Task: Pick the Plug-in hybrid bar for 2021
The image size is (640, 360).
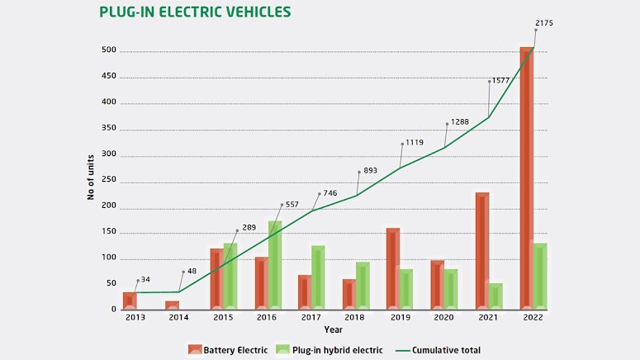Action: (x=495, y=296)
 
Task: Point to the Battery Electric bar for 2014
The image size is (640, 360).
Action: (x=172, y=306)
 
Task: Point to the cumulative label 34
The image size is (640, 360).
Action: (x=145, y=280)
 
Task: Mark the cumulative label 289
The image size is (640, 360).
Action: (x=248, y=228)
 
